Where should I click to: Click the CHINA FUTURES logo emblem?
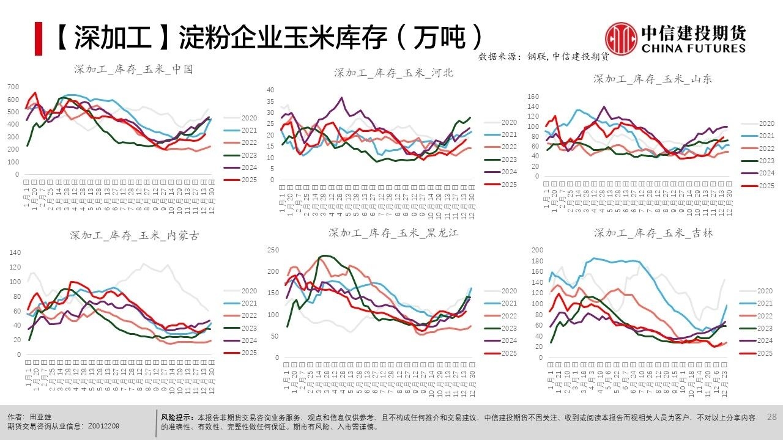coord(621,37)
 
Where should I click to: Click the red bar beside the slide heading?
coord(38,38)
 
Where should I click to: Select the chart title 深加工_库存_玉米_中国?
coord(133,70)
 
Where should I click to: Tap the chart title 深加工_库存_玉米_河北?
coord(393,73)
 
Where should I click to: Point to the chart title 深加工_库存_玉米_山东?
coord(653,79)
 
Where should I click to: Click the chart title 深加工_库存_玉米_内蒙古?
coord(134,235)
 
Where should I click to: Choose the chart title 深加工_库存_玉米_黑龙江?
coord(393,233)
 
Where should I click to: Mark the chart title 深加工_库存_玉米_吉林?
coord(653,233)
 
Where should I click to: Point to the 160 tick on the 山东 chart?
coord(532,97)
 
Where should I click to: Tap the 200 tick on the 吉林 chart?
coord(536,251)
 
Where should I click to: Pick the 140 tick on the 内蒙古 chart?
coord(15,252)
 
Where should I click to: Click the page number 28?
coord(771,417)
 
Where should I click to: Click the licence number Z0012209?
coord(105,426)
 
